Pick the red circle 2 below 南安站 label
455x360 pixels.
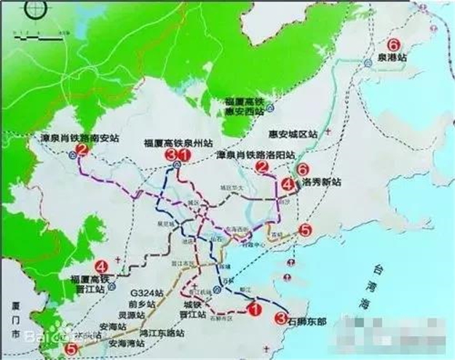point(81,151)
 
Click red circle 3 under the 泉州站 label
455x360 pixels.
point(173,155)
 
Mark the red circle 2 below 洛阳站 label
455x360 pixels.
point(261,168)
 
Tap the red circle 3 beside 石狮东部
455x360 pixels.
point(281,316)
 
